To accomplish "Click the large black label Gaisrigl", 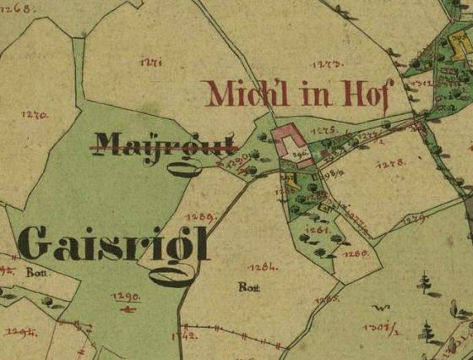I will pyautogui.click(x=113, y=246).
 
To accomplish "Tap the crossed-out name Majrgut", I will pyautogui.click(x=165, y=145).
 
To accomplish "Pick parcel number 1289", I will pyautogui.click(x=204, y=217).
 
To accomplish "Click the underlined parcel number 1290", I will pyautogui.click(x=124, y=297).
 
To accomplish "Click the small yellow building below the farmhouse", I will pyautogui.click(x=291, y=179).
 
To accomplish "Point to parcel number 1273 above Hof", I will pyautogui.click(x=325, y=64).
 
